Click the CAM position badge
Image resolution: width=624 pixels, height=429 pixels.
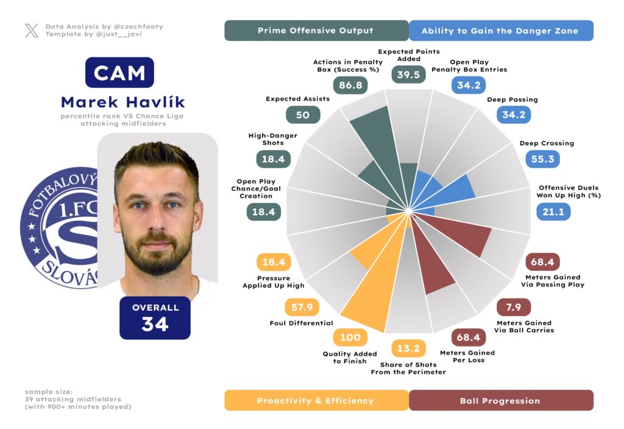tap(119, 73)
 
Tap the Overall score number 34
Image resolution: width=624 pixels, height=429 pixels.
tap(155, 324)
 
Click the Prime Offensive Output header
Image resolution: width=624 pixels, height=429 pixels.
tap(316, 31)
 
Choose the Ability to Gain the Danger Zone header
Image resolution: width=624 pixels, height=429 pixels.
tap(500, 31)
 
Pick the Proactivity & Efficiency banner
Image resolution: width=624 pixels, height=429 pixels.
tap(316, 400)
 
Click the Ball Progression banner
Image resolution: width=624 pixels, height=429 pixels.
tap(500, 400)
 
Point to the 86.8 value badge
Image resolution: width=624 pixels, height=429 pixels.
tap(351, 85)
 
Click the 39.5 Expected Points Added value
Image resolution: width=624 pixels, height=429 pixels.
tap(408, 74)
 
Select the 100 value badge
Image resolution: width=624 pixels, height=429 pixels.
tap(350, 337)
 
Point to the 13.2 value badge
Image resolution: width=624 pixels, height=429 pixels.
tap(408, 348)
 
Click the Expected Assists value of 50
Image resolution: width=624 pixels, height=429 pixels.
tap(303, 114)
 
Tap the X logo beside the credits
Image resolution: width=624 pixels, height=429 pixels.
tap(32, 31)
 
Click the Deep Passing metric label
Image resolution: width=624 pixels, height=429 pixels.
tap(512, 99)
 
